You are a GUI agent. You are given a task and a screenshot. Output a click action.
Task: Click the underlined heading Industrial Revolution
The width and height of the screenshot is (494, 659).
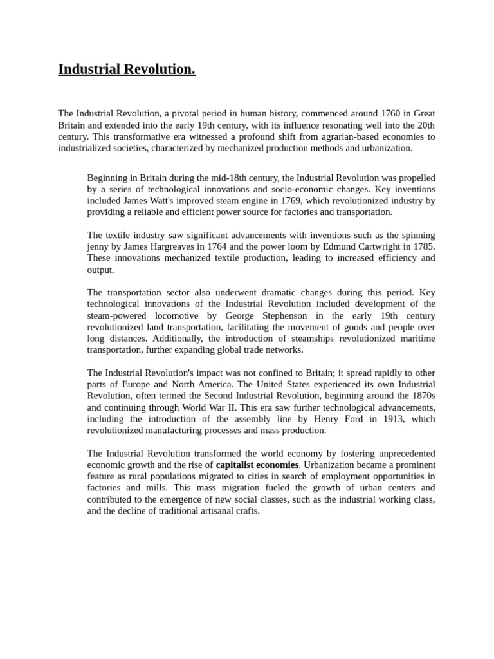[x=127, y=70]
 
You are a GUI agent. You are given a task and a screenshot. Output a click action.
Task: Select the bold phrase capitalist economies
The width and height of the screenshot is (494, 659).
[x=257, y=465]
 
